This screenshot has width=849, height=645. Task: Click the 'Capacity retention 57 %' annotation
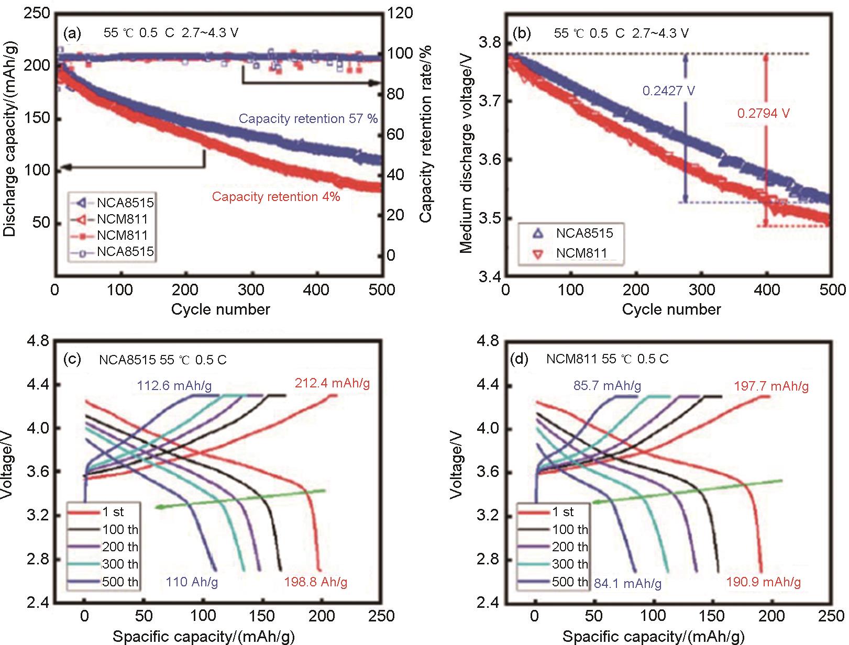(308, 119)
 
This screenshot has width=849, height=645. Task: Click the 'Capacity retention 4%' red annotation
(276, 197)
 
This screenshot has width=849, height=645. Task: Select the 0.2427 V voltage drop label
(669, 91)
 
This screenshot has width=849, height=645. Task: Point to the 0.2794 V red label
(763, 113)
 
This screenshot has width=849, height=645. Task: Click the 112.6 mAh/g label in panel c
(174, 386)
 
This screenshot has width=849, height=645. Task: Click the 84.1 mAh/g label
(628, 583)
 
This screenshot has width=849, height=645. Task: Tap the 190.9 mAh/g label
(764, 582)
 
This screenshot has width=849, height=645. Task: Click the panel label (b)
(522, 34)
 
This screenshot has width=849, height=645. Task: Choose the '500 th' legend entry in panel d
(570, 582)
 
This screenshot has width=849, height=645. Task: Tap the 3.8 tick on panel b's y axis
(490, 42)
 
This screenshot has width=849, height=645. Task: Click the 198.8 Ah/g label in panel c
(316, 582)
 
